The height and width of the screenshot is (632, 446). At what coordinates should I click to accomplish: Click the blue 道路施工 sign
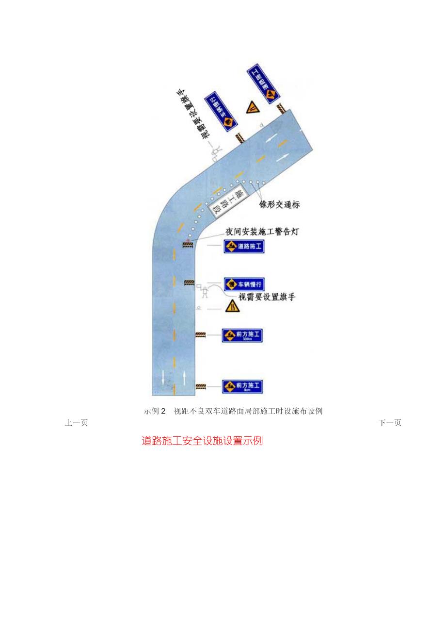click(244, 247)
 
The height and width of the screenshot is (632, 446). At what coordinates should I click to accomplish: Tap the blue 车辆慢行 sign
click(244, 284)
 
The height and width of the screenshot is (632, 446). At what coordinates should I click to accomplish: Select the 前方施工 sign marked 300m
click(242, 335)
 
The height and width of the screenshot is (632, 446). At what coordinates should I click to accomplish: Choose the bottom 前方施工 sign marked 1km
click(242, 387)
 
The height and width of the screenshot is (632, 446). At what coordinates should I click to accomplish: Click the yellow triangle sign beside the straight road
click(232, 306)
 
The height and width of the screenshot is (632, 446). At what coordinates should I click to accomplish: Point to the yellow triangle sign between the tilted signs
click(252, 108)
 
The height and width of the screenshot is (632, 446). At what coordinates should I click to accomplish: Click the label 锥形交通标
click(280, 205)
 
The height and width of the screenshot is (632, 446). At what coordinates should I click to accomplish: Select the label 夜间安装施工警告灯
click(262, 232)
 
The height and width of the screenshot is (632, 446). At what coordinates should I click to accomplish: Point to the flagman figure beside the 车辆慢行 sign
click(205, 292)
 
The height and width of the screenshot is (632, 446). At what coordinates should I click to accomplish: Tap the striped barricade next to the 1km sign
click(200, 386)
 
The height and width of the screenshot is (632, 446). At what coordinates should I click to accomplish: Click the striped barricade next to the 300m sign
click(200, 334)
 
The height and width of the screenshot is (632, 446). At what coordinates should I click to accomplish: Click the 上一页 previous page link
click(76, 423)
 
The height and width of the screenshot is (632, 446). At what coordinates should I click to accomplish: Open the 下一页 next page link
click(390, 423)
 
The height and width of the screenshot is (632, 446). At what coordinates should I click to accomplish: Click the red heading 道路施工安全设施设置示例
click(202, 441)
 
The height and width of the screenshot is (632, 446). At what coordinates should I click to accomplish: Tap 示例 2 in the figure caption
click(155, 411)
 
